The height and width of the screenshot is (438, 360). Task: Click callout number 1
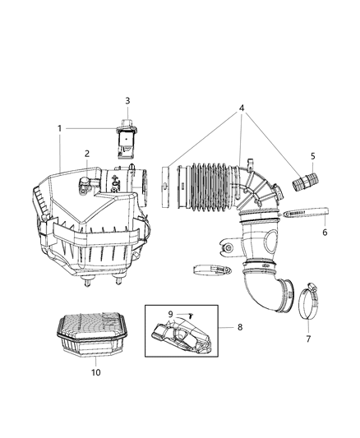(59, 129)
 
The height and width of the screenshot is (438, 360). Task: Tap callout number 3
(127, 100)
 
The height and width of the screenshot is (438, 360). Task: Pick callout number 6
(325, 233)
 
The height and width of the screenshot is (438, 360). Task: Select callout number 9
(171, 313)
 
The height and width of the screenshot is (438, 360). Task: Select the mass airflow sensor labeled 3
(127, 141)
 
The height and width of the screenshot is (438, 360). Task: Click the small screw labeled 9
(187, 314)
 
